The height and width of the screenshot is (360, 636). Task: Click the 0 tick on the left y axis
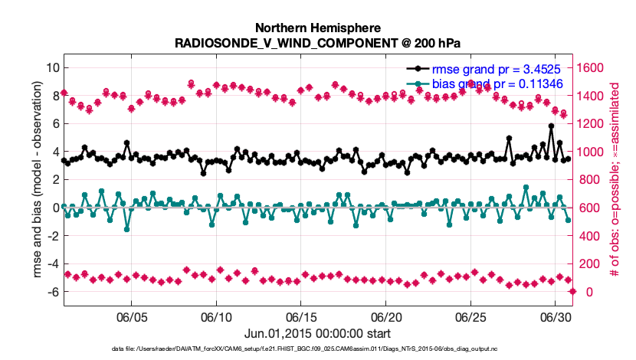(x=55, y=208)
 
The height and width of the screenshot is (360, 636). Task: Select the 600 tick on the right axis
(x=589, y=208)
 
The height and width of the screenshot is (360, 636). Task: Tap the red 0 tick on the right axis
(x=582, y=292)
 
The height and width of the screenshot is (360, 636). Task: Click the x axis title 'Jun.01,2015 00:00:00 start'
(x=318, y=333)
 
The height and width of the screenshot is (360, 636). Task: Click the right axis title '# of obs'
(x=614, y=179)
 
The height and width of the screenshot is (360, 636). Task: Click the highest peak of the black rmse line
(x=551, y=126)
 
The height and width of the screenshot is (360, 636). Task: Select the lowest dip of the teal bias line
(x=126, y=229)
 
